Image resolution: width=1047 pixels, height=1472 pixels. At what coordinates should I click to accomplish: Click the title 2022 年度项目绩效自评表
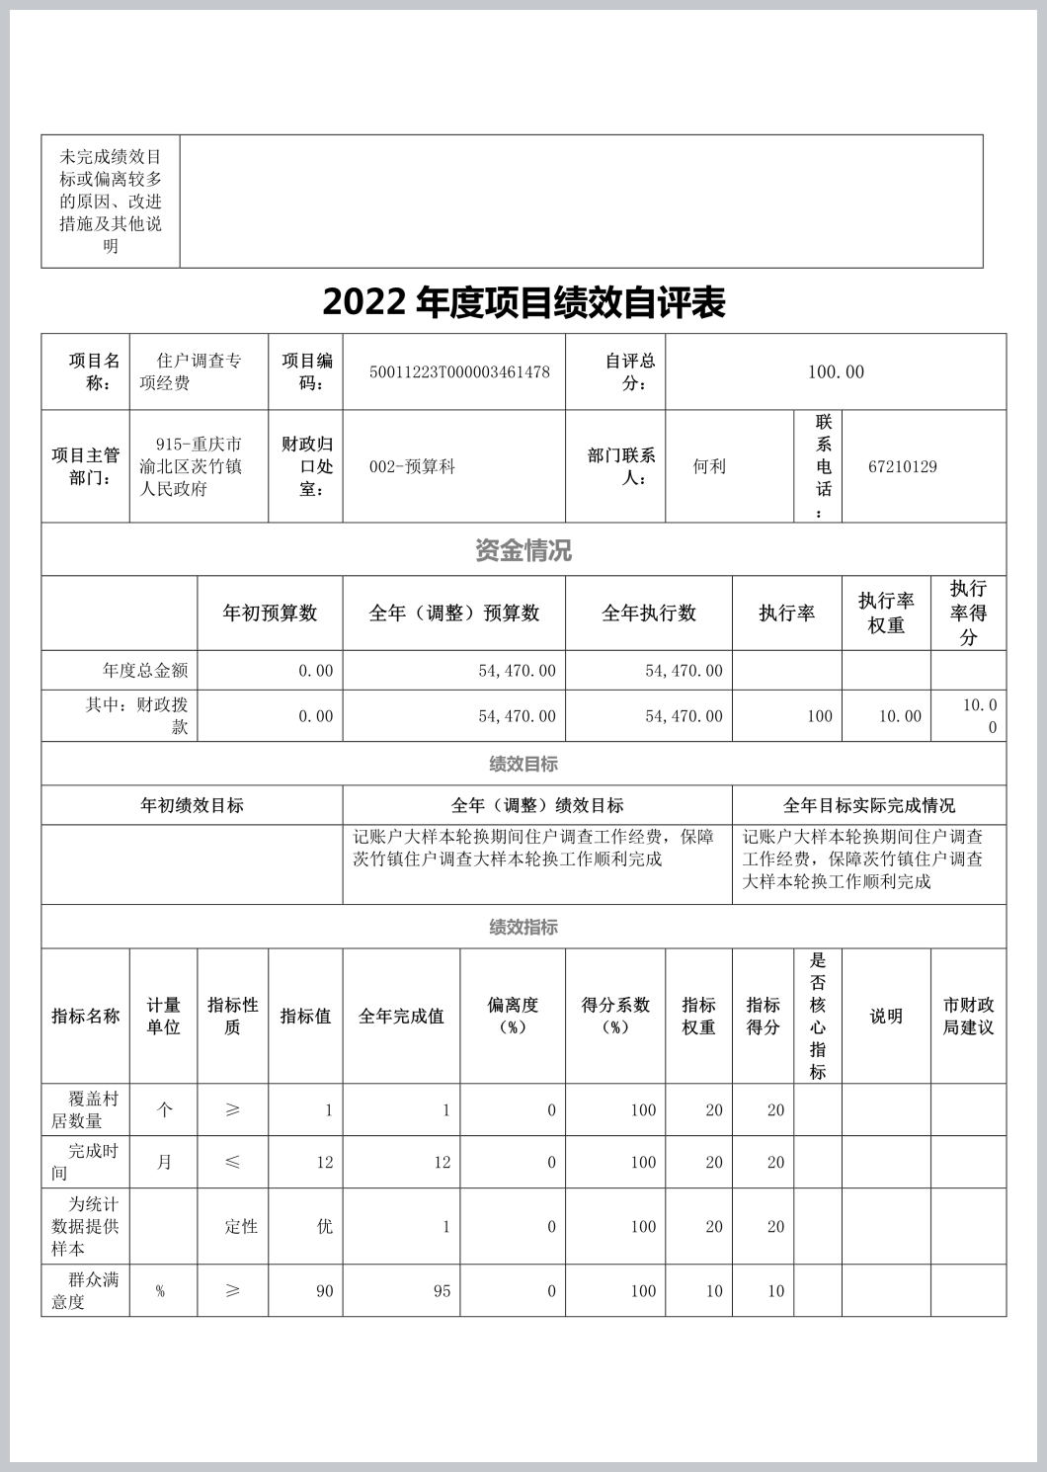pos(523,302)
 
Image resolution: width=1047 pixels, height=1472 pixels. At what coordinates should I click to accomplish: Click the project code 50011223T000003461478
pos(459,372)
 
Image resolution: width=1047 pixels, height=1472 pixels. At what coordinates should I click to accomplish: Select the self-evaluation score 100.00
pos(836,372)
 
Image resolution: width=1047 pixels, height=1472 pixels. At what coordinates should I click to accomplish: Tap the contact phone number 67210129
pos(903,466)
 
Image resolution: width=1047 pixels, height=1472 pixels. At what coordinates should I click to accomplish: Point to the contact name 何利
pos(709,466)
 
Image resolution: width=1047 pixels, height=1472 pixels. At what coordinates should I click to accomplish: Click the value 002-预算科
pos(412,466)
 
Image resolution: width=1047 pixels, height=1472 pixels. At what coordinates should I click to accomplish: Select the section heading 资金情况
pos(523,550)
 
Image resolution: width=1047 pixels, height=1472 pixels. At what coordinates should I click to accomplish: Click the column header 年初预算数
pos(270,613)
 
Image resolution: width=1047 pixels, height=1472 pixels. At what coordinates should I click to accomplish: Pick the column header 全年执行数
pos(649,613)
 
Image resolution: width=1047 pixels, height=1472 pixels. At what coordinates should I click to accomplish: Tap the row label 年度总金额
pos(145,671)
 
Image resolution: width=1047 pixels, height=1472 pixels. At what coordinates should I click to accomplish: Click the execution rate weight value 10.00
pos(900,716)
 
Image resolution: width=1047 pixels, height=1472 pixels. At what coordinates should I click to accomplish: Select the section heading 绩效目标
pos(523,764)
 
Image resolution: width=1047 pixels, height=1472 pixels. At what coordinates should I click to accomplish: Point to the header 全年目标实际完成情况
pos(869,806)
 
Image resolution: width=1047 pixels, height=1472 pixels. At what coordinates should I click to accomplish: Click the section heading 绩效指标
pos(523,927)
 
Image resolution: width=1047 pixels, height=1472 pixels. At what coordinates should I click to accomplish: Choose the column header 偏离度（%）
pos(513,1016)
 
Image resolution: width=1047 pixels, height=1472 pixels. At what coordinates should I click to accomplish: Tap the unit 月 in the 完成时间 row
pos(164,1163)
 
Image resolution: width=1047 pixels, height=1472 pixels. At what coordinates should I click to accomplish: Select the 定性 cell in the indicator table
pos(241,1227)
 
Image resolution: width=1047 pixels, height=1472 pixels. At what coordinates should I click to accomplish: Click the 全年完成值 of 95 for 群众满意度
pos(442,1291)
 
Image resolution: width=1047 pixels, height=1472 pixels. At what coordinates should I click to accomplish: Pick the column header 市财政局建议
pos(968,1016)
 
